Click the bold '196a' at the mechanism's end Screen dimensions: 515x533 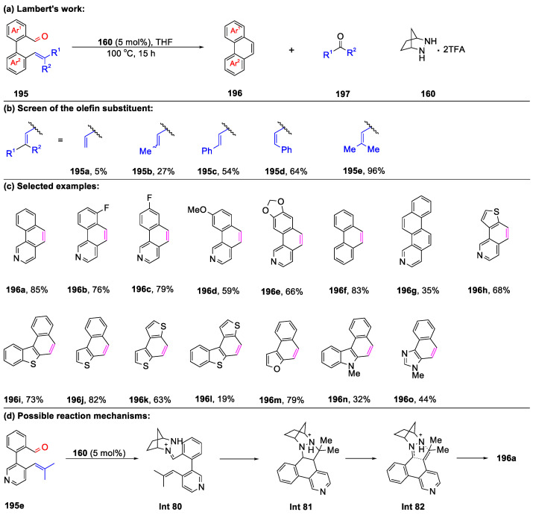[511, 447]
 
